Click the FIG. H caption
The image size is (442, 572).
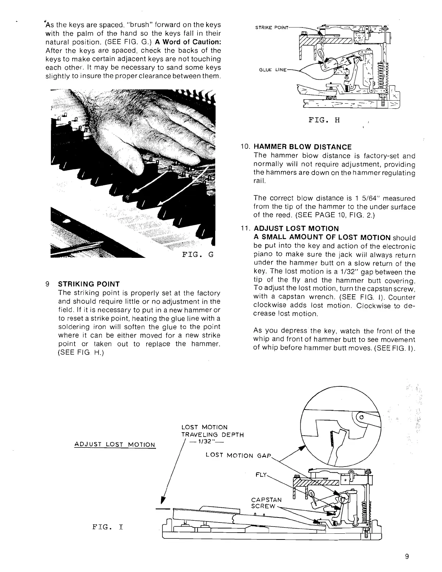324,120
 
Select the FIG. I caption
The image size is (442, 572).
108,527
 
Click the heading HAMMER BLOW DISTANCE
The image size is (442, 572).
303,147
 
